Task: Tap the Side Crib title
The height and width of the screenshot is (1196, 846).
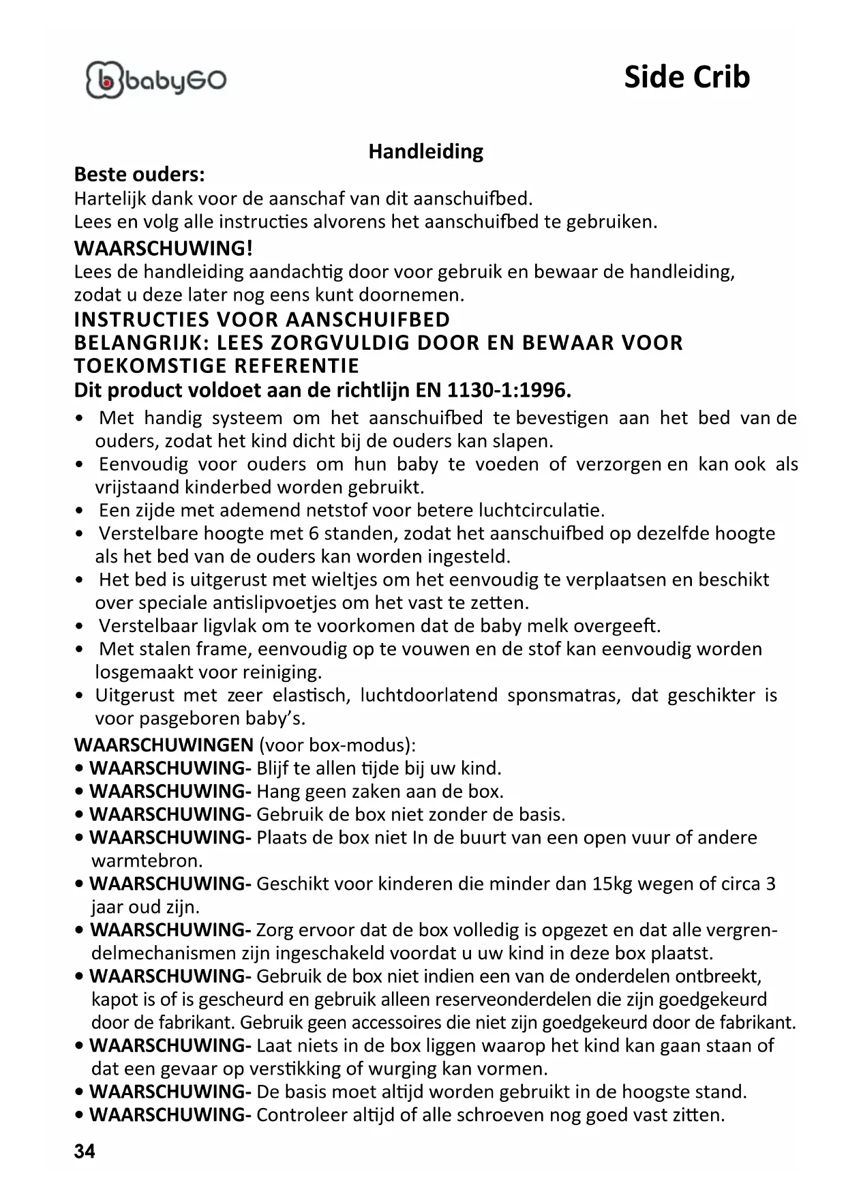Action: click(686, 77)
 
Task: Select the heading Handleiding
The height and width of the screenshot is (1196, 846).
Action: click(425, 151)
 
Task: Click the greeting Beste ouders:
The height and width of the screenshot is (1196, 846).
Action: click(139, 175)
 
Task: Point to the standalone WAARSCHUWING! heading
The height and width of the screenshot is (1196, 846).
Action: click(163, 248)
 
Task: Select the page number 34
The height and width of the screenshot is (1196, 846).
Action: click(85, 1152)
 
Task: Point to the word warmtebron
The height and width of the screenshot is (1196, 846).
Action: click(147, 861)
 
